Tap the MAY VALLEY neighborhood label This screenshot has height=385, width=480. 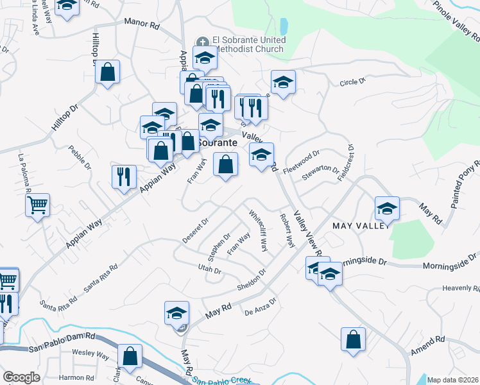point(361,226)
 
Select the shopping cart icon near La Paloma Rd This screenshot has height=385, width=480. point(38,205)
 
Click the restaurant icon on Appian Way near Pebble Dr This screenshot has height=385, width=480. point(124,176)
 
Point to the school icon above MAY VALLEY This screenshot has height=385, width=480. point(388,209)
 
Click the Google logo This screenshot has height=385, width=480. point(21,377)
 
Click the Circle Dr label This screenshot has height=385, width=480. point(352,81)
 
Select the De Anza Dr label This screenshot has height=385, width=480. point(260,307)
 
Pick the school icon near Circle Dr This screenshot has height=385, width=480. point(282,82)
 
